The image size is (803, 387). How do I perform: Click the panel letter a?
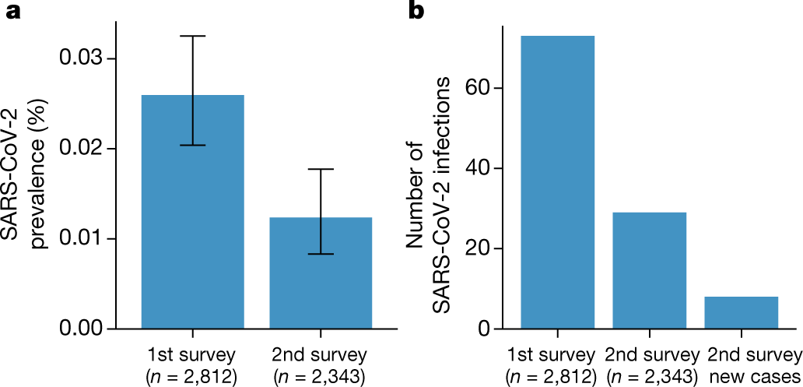tap(12, 13)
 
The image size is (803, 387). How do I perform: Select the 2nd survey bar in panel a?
tap(321, 273)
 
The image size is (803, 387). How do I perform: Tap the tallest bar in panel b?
tap(558, 182)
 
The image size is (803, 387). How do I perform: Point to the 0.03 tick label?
tap(82, 59)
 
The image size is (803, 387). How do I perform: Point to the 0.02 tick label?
tap(82, 149)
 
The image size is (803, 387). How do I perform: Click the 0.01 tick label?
tap(82, 238)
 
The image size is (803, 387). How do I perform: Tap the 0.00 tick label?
tap(82, 328)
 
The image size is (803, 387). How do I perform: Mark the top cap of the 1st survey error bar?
tap(192, 36)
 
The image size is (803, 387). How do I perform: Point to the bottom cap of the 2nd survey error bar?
tap(321, 254)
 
